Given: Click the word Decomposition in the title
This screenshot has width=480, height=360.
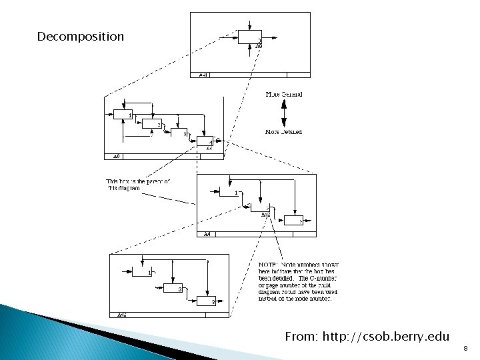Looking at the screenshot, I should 81,36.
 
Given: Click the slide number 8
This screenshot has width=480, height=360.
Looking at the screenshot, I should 465,347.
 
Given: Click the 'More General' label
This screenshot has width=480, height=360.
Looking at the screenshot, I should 284,95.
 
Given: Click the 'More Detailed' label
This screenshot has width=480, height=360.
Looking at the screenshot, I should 283,132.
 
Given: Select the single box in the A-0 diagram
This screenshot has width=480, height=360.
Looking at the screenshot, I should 250,38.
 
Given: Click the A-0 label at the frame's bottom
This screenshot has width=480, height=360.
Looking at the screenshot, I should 204,75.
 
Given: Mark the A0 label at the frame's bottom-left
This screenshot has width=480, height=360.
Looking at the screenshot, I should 115,157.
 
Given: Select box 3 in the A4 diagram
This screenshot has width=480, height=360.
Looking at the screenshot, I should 294,221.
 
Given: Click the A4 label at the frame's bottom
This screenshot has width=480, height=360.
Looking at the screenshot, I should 207,234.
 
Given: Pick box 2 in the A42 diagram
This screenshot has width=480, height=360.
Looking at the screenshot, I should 172,287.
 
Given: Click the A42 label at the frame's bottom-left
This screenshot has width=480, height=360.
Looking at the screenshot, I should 123,314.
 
